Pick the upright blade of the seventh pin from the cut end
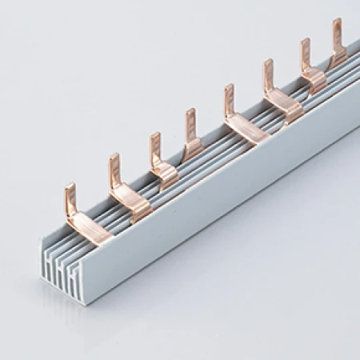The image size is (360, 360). [305, 52]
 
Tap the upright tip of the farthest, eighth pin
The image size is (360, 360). [337, 30]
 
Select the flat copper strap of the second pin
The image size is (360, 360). [133, 203]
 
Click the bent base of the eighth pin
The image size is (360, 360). [339, 56]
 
